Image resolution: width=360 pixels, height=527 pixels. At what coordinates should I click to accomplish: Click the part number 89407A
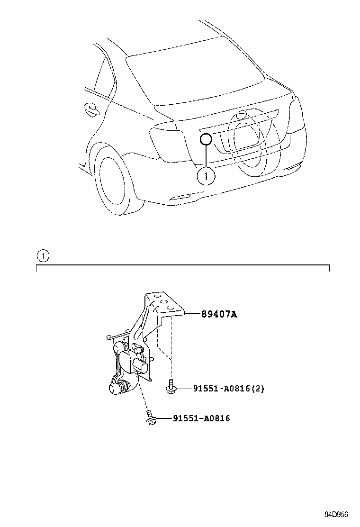coord(219,314)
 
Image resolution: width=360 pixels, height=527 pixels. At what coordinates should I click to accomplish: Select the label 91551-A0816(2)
coord(229,389)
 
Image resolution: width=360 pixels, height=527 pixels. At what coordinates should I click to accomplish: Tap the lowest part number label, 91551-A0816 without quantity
coord(201,418)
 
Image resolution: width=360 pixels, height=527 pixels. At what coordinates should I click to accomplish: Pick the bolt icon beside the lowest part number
coord(150,417)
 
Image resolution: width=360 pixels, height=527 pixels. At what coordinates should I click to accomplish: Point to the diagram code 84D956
coord(336,515)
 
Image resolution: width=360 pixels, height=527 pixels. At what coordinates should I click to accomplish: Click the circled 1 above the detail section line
coord(43,256)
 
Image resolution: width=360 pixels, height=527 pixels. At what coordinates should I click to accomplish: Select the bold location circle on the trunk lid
coord(206,139)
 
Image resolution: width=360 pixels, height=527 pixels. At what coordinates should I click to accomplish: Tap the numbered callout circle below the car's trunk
coord(206,176)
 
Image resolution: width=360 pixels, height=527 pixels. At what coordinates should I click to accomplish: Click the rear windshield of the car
coord(195,77)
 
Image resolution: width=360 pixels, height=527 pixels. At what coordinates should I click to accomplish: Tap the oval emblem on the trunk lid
coord(241,115)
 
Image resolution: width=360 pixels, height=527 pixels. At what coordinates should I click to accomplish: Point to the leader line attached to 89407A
coord(193,314)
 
